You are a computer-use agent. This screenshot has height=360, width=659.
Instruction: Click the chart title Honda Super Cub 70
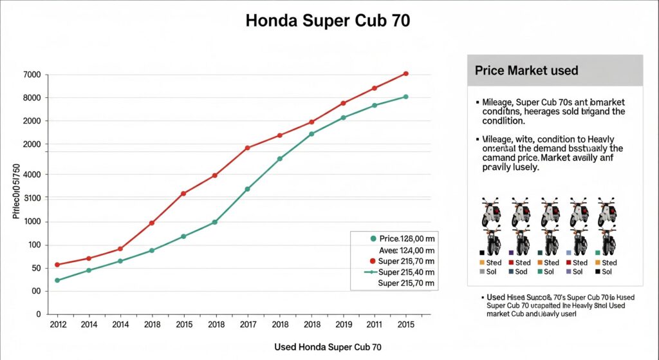click(328, 21)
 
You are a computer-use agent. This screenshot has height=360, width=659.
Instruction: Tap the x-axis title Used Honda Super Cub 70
click(328, 347)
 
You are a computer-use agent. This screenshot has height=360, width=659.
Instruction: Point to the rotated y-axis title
click(17, 191)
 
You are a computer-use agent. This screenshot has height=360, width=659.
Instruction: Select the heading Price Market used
click(526, 70)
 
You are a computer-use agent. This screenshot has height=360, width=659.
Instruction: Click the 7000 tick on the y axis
click(32, 75)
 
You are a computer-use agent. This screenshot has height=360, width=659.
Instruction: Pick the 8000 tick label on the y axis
click(32, 98)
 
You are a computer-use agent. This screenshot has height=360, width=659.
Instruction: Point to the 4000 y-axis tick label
click(32, 175)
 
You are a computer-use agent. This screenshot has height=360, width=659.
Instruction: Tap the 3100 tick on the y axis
click(32, 198)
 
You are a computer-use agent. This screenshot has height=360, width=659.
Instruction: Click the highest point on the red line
click(405, 73)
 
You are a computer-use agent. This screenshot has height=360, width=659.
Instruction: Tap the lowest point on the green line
click(57, 280)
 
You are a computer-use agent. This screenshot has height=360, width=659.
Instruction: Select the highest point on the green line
click(405, 97)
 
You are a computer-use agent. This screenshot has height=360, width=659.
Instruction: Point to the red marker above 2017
click(248, 148)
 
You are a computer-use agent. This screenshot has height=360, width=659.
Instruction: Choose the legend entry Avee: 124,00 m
click(406, 250)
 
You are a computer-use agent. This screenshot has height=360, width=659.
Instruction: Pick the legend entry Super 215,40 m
click(406, 272)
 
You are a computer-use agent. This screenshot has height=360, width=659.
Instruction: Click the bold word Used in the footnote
click(496, 297)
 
